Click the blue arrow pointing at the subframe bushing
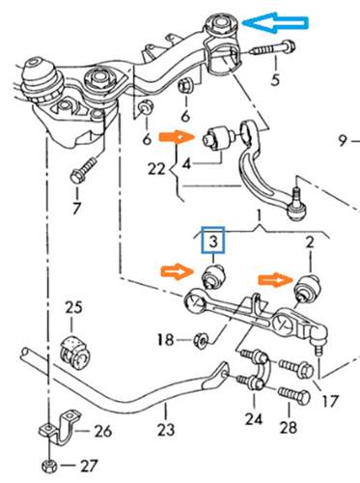coord(275,22)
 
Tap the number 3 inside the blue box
coord(213,241)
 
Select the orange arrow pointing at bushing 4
coord(178,137)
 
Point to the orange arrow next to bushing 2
coord(276,281)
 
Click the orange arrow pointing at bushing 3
coord(178,272)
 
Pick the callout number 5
coord(275,79)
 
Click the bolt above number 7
coord(83,170)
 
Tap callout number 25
coord(74,307)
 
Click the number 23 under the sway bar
coord(166,429)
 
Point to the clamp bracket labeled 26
coord(61,427)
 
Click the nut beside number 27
coord(49,466)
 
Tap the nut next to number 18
coord(202,340)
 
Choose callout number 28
coord(289,427)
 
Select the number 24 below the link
coord(254,419)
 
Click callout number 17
coord(330,401)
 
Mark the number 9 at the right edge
coord(343,140)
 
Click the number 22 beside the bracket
coord(156,168)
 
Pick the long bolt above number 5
coord(272,48)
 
